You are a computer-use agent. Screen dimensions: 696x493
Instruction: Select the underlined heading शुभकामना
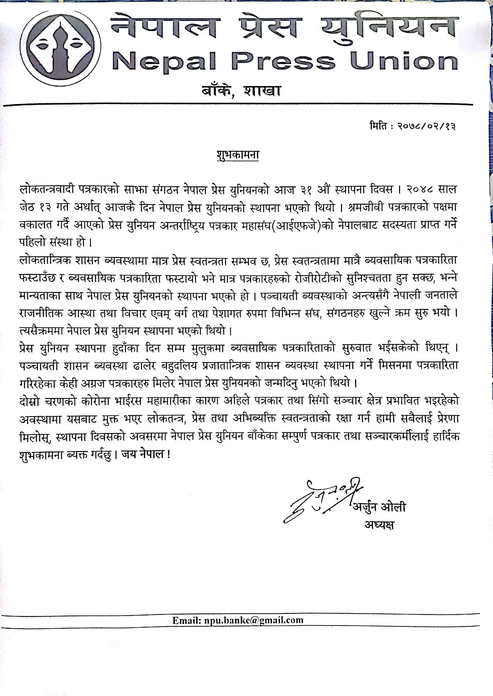pyautogui.click(x=241, y=155)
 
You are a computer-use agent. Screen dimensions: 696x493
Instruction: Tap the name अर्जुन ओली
pyautogui.click(x=379, y=507)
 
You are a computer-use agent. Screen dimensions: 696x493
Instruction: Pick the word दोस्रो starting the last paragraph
pyautogui.click(x=31, y=402)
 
